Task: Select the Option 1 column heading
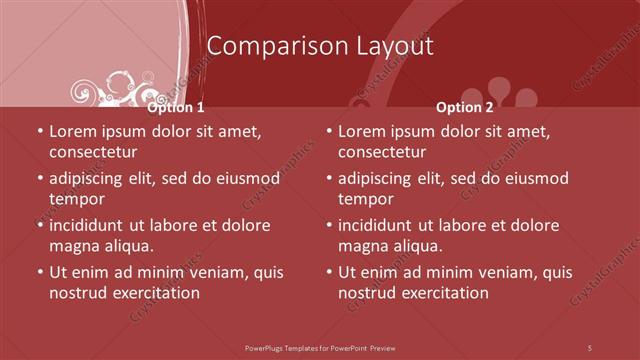pos(176,107)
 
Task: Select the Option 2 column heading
pos(465,107)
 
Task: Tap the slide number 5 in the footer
pos(590,347)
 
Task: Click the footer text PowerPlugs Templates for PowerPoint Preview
pos(320,347)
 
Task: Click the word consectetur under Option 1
pos(93,152)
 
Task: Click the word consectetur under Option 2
pos(382,152)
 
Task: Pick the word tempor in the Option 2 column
pos(364,198)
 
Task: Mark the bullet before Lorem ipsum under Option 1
pos(39,131)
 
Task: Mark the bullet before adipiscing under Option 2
pos(328,178)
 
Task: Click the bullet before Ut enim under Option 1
pos(39,272)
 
